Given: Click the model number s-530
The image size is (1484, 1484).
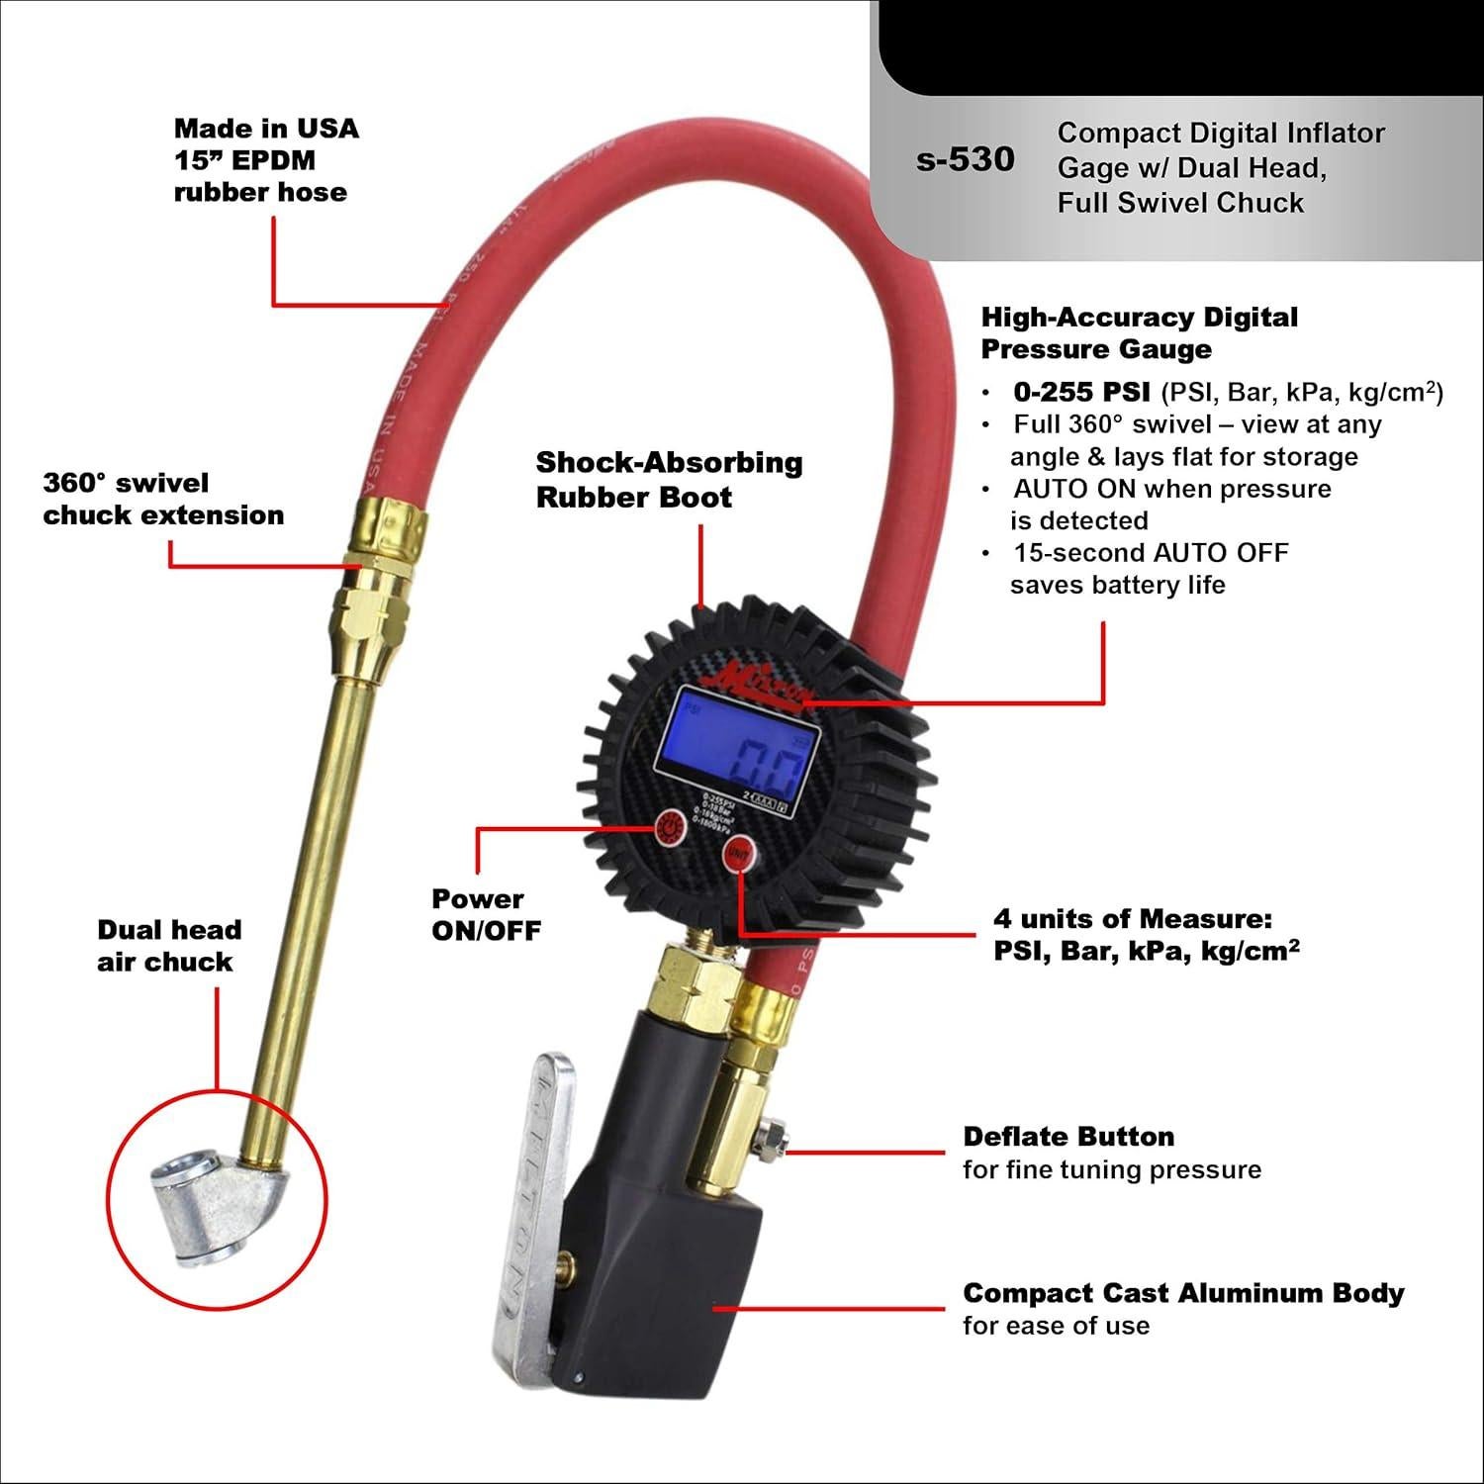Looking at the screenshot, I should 965,159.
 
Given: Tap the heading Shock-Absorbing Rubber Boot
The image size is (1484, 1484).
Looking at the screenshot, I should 669,479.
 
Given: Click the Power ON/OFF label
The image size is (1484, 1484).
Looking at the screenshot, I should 486,914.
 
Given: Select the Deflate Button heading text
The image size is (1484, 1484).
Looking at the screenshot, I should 1068,1136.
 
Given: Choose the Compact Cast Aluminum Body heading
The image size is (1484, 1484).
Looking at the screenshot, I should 1182,1293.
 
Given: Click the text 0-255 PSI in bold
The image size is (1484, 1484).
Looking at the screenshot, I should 1081,392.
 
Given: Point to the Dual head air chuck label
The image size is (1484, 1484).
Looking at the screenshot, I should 168,945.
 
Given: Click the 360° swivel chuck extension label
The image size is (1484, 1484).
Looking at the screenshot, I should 163,499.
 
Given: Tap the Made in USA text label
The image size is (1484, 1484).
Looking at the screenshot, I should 266,129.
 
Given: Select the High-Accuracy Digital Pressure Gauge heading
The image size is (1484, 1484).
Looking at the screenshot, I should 1139,332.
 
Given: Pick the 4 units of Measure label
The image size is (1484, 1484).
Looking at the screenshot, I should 1145,934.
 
